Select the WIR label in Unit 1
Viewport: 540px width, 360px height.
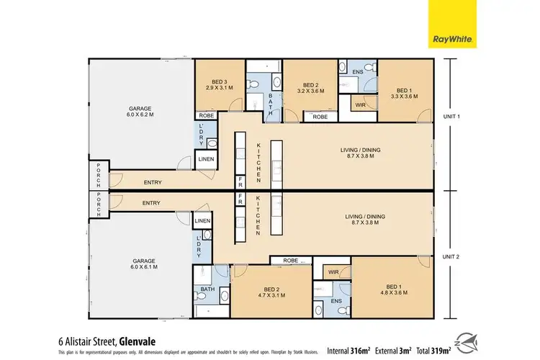(360, 105)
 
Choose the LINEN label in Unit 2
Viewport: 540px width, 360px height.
(202, 221)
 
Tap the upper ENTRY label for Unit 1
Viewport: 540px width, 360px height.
(151, 183)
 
